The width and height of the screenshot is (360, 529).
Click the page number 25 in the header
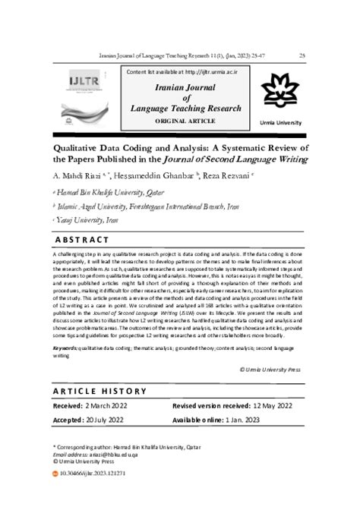(303, 55)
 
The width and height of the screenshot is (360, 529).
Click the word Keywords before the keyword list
(65, 348)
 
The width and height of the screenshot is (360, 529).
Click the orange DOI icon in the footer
(53, 472)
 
